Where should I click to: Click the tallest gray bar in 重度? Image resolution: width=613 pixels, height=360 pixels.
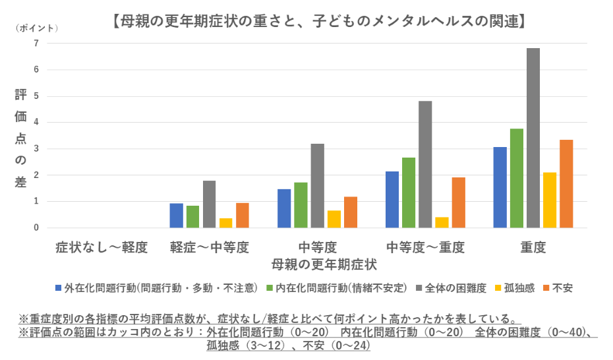coord(533,138)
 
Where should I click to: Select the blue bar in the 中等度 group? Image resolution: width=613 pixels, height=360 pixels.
coord(284,208)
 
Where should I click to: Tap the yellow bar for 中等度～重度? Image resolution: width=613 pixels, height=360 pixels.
coord(441,222)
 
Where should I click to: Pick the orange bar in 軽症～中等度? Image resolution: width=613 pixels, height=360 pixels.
coord(243,216)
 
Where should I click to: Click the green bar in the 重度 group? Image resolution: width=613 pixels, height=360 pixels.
coord(517,178)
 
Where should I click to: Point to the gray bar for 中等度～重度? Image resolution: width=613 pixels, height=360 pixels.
coord(425,164)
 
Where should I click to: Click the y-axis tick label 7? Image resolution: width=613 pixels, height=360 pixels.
coord(36,44)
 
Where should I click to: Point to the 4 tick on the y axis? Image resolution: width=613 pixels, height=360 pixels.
coord(36,123)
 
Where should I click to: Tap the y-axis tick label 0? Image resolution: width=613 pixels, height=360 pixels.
coord(36,228)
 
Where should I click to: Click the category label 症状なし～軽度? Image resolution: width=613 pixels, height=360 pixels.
coord(102,248)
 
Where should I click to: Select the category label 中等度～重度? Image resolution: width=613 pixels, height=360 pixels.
coord(425,248)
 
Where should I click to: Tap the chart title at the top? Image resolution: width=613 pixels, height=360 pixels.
coord(319,21)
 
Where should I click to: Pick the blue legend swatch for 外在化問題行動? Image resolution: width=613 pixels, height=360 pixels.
coord(59,288)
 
